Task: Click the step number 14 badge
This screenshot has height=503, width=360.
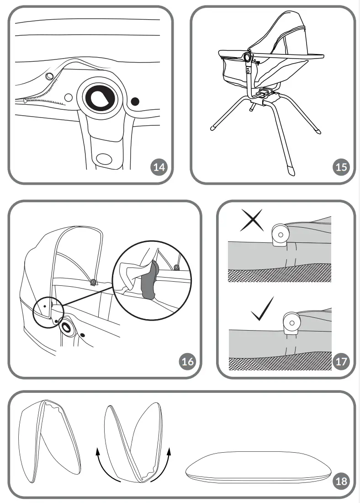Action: coord(159,167)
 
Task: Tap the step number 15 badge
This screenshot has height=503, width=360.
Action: coord(341,167)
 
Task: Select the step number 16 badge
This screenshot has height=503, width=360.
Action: coord(187,362)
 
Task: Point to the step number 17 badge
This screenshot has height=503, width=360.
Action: coord(341,362)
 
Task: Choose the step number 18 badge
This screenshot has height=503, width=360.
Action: coord(341,481)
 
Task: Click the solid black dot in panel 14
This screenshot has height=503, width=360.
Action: coord(135,101)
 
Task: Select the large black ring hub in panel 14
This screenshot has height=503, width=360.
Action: coord(101,96)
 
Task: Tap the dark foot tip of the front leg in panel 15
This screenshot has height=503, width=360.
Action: coord(291,170)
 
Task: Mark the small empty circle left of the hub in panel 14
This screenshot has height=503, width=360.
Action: coord(69,97)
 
